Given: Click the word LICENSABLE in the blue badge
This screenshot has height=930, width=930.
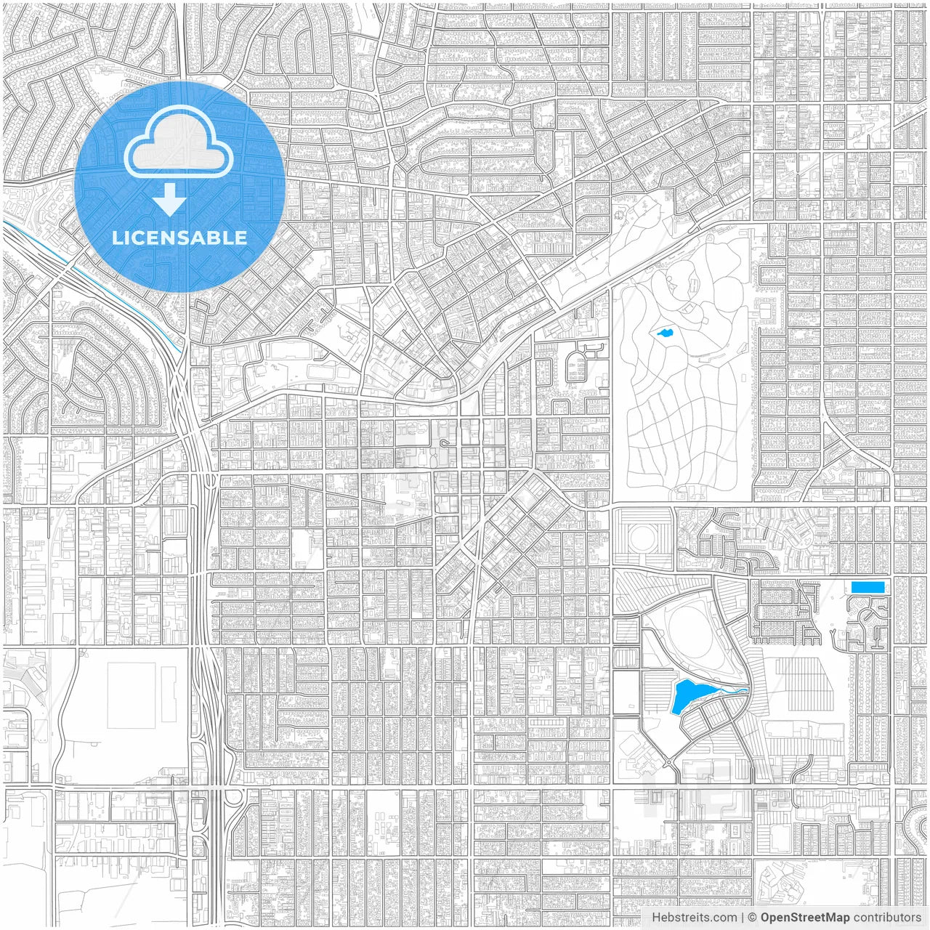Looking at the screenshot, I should [x=179, y=238].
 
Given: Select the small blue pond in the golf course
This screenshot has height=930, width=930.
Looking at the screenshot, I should [x=663, y=334].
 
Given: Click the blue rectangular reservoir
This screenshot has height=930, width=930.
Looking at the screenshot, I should [x=868, y=587].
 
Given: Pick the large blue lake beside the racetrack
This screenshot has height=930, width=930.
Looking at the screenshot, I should [x=684, y=697].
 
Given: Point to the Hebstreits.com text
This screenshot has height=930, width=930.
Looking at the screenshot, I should [x=694, y=918].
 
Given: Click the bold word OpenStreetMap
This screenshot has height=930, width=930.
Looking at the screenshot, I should [x=805, y=918].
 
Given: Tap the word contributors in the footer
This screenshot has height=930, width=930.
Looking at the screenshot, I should [x=886, y=918].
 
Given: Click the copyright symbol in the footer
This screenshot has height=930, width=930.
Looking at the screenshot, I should [x=753, y=918].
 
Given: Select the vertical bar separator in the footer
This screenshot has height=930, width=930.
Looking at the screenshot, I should [x=742, y=918].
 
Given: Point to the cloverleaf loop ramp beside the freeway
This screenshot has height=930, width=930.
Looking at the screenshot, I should [x=234, y=799].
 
